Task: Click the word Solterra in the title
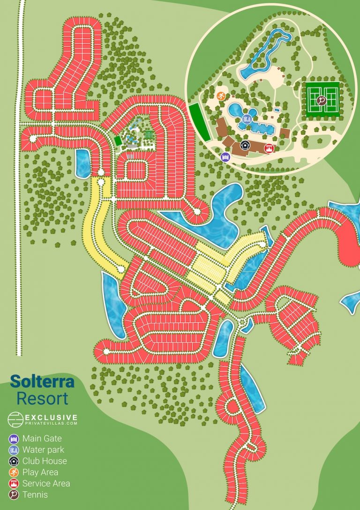point(42,381)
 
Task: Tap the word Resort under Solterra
point(42,398)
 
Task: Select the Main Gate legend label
point(42,439)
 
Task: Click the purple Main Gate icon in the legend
point(14,439)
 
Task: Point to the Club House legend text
point(45,461)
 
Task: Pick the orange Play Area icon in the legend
point(14,473)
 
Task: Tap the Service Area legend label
point(46,483)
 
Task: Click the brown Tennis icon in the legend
point(14,495)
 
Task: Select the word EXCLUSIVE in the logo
point(51,417)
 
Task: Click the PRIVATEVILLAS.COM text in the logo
point(51,423)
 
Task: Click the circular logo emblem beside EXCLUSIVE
point(15,419)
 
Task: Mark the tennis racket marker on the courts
point(321,99)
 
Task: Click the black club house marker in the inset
point(245,145)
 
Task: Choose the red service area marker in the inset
point(269,149)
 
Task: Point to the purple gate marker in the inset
point(225,157)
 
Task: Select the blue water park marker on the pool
point(247,118)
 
